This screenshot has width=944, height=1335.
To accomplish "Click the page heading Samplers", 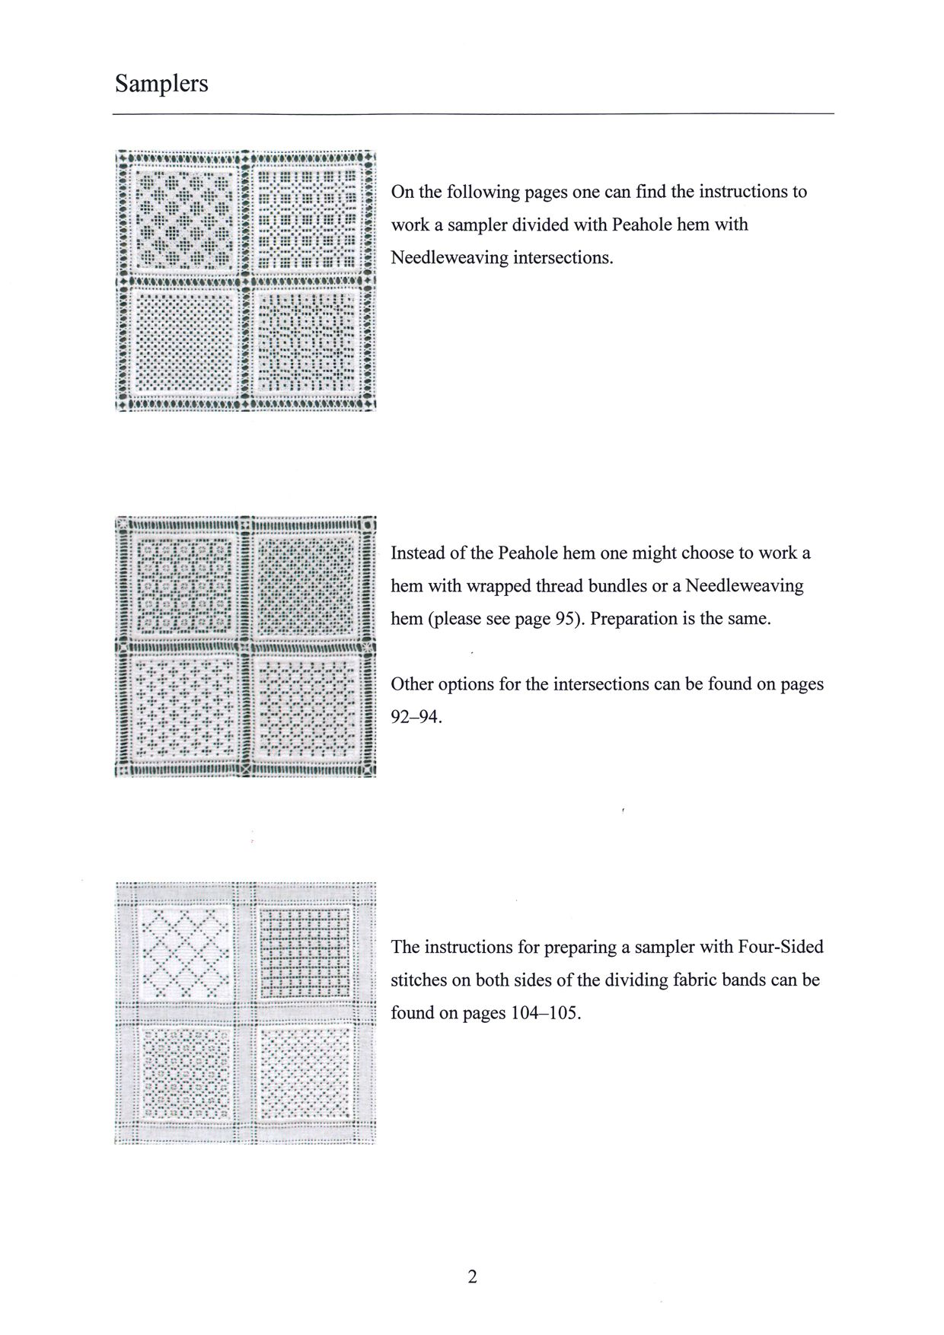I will pos(161,83).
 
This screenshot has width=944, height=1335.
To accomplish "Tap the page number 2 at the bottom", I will pos(472,1276).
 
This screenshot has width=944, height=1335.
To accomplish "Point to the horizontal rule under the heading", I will pos(473,114).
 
